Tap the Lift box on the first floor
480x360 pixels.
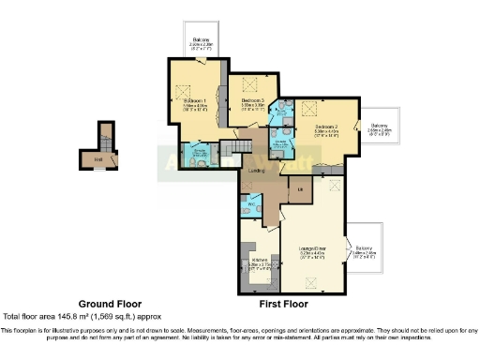pos(300,191)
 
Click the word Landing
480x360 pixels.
pos(257,172)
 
